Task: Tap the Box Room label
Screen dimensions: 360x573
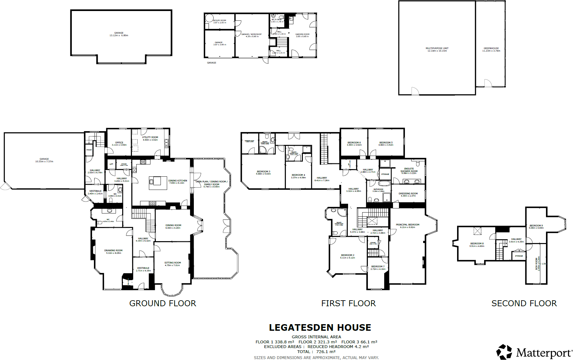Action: [x=537, y=263]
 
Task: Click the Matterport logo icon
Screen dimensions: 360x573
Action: [x=504, y=352]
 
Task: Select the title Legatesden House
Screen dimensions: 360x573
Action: [x=320, y=328]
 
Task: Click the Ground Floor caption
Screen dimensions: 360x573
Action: [x=162, y=303]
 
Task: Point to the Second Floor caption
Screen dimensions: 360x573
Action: [x=524, y=303]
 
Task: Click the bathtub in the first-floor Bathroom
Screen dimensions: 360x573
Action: [x=384, y=183]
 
